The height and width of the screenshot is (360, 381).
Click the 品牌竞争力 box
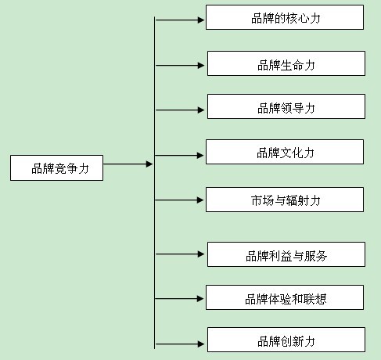coord(57,167)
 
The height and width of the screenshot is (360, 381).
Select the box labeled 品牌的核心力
coord(285,17)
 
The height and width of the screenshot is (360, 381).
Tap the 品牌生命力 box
coord(286,63)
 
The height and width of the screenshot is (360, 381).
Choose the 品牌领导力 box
coord(286,106)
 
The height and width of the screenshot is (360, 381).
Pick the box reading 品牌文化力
coord(285,152)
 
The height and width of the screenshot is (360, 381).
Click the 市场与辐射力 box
coord(285,200)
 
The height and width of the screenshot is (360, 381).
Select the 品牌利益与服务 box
coord(286,254)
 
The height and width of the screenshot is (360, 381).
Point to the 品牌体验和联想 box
coord(285,297)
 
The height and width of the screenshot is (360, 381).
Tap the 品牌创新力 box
coord(286,340)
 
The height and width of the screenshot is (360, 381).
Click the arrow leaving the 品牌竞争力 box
coord(128,164)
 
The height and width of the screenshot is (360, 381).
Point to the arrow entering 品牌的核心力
coord(180,20)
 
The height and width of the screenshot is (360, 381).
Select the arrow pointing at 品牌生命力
coord(180,65)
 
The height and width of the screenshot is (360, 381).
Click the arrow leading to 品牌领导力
coord(180,110)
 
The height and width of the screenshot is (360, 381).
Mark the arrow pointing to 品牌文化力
coord(179,156)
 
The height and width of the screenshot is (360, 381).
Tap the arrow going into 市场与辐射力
coord(179,200)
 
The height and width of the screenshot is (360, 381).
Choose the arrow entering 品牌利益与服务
coord(180,254)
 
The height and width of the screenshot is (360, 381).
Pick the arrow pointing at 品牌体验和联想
coord(179,298)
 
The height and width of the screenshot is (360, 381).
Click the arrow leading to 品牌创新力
coord(180,344)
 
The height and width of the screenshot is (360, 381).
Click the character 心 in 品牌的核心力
coord(303,18)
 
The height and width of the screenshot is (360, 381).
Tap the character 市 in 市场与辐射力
coord(257,200)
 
